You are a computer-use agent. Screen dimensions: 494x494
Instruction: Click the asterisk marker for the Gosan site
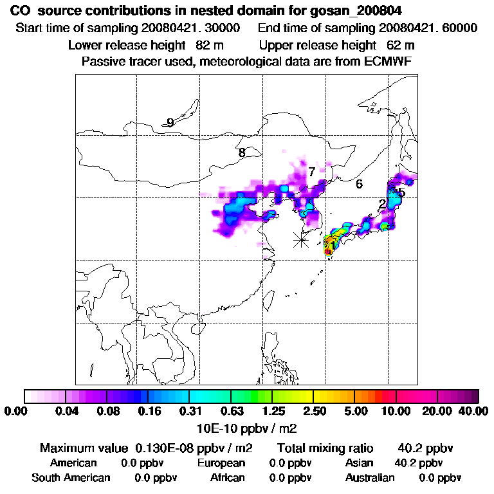tap(300, 240)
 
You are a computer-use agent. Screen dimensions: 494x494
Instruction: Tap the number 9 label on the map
tap(170, 123)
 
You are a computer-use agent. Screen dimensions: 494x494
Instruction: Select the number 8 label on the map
tap(242, 153)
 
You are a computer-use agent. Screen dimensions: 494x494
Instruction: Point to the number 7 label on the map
tap(311, 172)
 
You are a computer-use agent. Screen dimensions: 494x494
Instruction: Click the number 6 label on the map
tap(359, 184)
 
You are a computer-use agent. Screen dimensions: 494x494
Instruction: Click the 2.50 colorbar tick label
tap(314, 411)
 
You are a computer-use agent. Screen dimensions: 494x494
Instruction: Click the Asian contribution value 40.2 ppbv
tap(418, 463)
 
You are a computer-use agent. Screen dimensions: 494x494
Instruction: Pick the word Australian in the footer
tap(370, 478)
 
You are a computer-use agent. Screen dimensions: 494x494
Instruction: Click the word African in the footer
tap(228, 478)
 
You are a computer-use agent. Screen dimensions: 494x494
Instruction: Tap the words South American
tap(71, 478)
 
